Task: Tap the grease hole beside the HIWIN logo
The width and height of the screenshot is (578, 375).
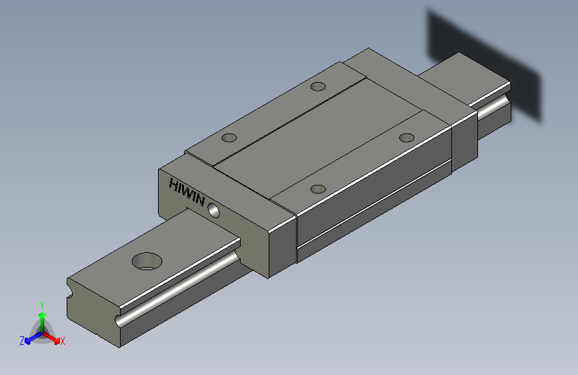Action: pos(214,210)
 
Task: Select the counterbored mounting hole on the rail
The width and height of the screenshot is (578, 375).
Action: pos(147,260)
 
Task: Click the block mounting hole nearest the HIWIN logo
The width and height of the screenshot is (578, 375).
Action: pos(229,138)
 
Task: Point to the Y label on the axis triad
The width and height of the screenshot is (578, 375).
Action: pos(41,304)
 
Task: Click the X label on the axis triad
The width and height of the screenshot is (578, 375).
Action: pos(63,342)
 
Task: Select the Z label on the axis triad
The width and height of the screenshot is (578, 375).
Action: pos(21,341)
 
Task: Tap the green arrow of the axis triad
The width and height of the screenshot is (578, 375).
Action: pos(42,316)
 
